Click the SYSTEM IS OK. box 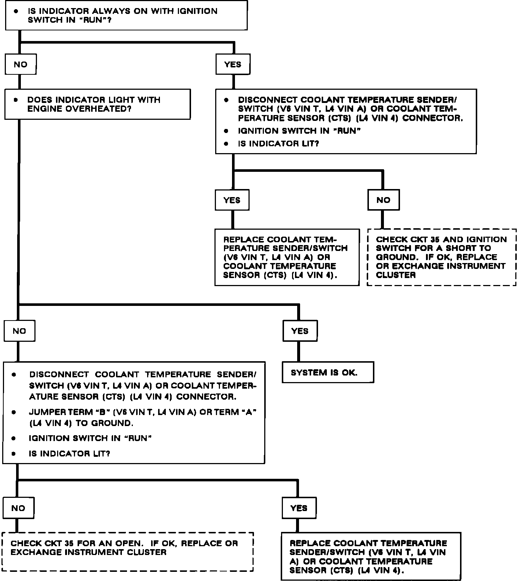pyautogui.click(x=328, y=372)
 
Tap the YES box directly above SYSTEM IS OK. pyautogui.click(x=300, y=331)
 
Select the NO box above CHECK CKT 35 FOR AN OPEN pyautogui.click(x=18, y=508)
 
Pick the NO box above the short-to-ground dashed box pyautogui.click(x=383, y=200)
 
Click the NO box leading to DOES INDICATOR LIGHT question pyautogui.click(x=20, y=64)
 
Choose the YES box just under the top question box pyautogui.click(x=233, y=64)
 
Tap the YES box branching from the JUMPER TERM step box pyautogui.click(x=299, y=508)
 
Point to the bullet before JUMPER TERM pyautogui.click(x=14, y=412)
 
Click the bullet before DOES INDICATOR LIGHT pyautogui.click(x=15, y=100)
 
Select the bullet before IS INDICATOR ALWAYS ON pyautogui.click(x=16, y=11)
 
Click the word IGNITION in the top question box pyautogui.click(x=197, y=11)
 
